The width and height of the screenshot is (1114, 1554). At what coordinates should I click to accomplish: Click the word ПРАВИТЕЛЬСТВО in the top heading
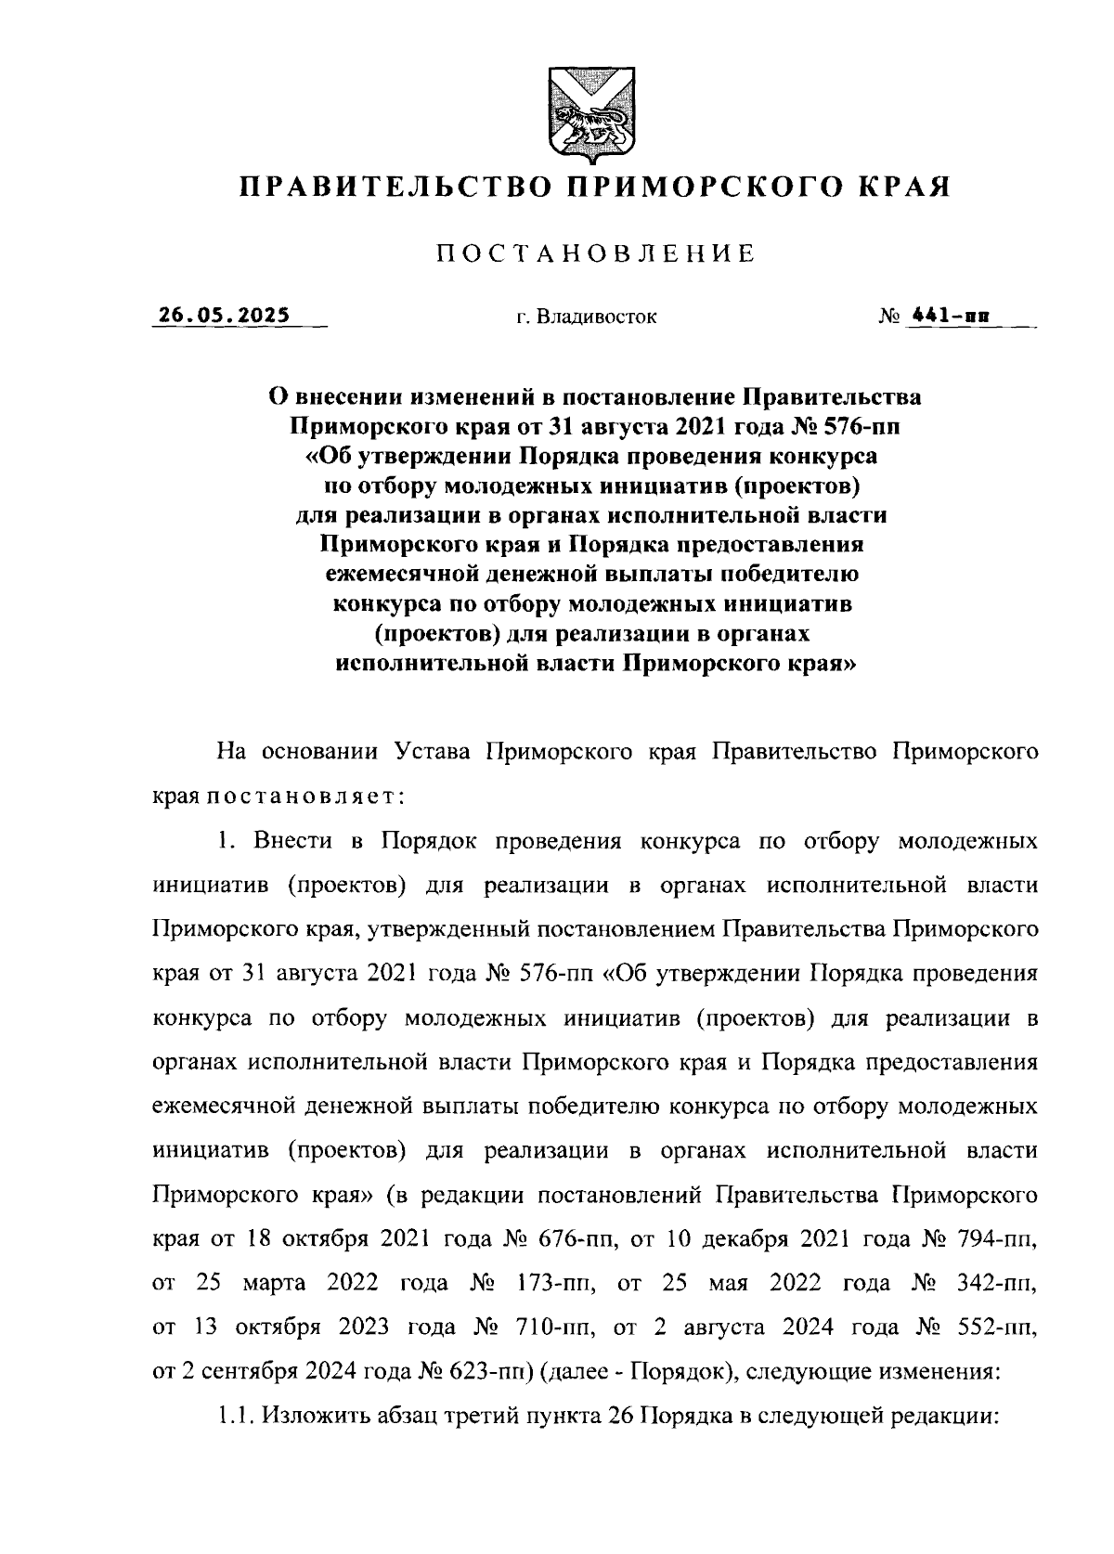387,188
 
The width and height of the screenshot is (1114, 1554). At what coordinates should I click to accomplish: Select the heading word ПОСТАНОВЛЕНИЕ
595,253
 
